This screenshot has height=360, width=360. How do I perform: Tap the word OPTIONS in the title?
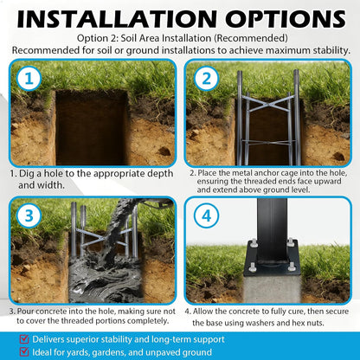[x=286, y=19]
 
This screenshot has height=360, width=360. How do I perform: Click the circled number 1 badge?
[x=29, y=79]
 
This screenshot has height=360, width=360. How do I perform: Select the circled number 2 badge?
[x=206, y=79]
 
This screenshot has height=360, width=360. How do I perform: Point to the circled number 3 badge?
[x=29, y=215]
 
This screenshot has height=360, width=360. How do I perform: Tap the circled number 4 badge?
[x=206, y=215]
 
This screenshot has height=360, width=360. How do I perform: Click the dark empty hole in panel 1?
[x=92, y=128]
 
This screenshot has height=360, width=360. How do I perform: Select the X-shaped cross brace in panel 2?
[x=267, y=104]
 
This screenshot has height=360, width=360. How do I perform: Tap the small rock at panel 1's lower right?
[x=164, y=151]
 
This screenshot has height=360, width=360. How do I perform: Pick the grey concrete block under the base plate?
[x=273, y=288]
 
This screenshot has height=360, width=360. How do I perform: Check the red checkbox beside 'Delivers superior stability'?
[x=24, y=339]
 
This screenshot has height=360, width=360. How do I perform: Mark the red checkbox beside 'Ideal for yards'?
[x=24, y=351]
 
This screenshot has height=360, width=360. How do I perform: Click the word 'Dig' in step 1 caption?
[x=26, y=174]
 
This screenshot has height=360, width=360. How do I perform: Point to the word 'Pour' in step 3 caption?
[x=26, y=312]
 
